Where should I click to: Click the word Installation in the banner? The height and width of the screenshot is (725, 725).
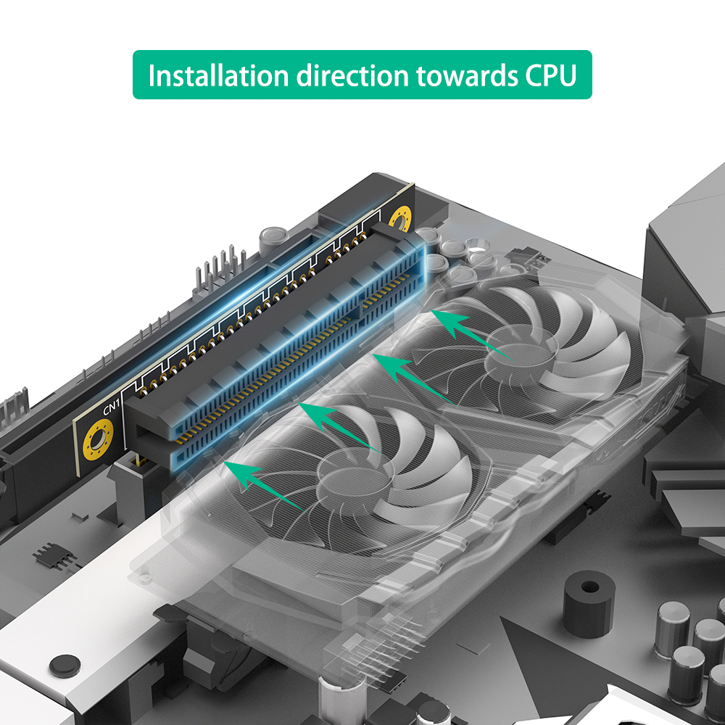pos(218,75)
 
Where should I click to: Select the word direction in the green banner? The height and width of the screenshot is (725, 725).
pos(353,75)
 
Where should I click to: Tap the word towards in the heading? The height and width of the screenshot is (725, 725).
pos(467,76)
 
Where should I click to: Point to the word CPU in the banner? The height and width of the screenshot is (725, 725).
pos(551,76)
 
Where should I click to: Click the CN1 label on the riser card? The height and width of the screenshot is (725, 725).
pos(111,407)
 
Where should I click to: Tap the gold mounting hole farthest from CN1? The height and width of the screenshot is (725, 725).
pos(400,218)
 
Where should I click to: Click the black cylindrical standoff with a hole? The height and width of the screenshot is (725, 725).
pos(589,603)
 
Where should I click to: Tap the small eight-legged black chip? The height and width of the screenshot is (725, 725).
pos(54,557)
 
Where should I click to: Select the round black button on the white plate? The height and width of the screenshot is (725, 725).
pos(65,666)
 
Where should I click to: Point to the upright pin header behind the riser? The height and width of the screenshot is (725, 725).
pos(220,273)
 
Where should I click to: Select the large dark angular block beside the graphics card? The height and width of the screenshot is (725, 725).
pos(685,241)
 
